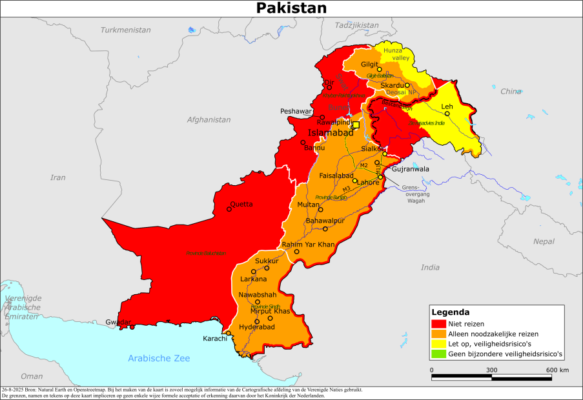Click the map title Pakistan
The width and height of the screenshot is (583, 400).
coord(291,8)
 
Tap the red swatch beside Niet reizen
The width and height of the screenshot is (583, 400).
coord(439,324)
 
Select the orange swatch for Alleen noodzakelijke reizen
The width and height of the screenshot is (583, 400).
coord(439,334)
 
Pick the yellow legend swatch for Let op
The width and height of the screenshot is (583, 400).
coord(439,345)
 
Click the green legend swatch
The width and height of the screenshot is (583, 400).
coord(439,355)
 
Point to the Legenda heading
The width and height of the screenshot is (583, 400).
coord(450,312)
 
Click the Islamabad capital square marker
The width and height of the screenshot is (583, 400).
coord(356,125)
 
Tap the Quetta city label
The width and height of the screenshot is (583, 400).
coord(241,204)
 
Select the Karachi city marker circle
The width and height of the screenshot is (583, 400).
coord(228,333)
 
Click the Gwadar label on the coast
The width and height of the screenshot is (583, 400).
coord(119,322)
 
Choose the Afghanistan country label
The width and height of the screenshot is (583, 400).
coord(209,119)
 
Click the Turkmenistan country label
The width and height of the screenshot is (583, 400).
coord(125,30)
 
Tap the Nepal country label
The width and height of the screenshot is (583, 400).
coord(544,241)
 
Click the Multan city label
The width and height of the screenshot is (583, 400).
coord(308,205)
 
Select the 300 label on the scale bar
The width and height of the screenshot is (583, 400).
coord(492,370)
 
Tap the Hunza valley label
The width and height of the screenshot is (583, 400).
coord(396,54)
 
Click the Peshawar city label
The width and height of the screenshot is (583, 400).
coord(296,111)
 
